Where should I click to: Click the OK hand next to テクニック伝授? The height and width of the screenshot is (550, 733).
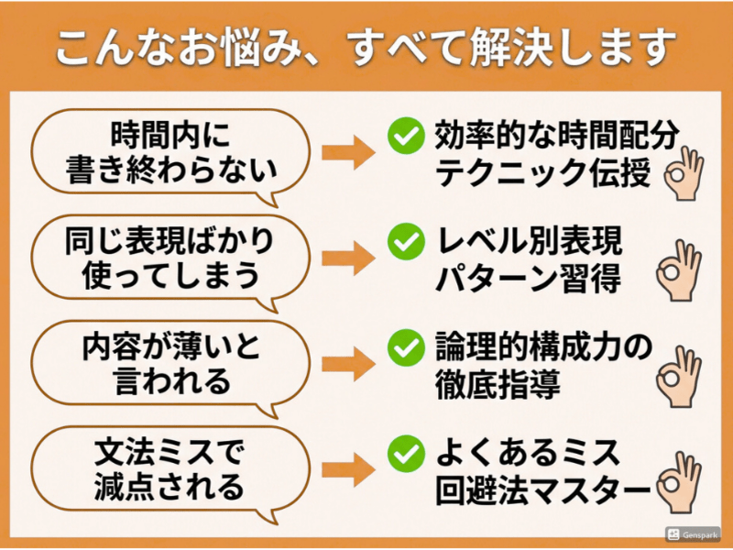[x=684, y=171]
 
